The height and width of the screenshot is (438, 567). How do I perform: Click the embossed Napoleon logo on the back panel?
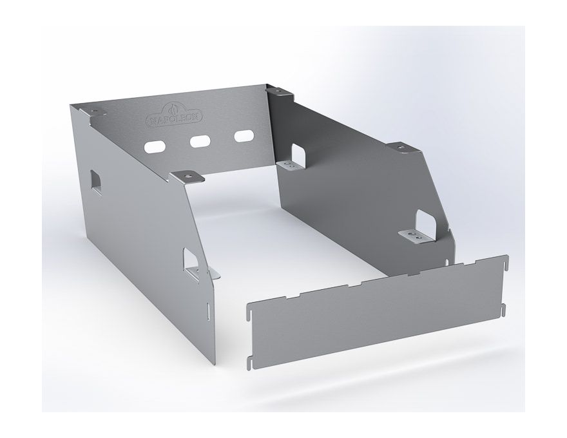(x=174, y=114)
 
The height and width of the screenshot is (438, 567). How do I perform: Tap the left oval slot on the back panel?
(x=155, y=147)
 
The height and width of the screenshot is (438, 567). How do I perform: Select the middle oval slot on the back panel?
(x=200, y=141)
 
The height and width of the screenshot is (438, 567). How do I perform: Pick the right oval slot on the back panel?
(x=244, y=136)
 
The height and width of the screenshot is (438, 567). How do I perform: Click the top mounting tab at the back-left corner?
(x=95, y=111)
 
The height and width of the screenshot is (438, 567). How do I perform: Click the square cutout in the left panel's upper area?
(x=96, y=180)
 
